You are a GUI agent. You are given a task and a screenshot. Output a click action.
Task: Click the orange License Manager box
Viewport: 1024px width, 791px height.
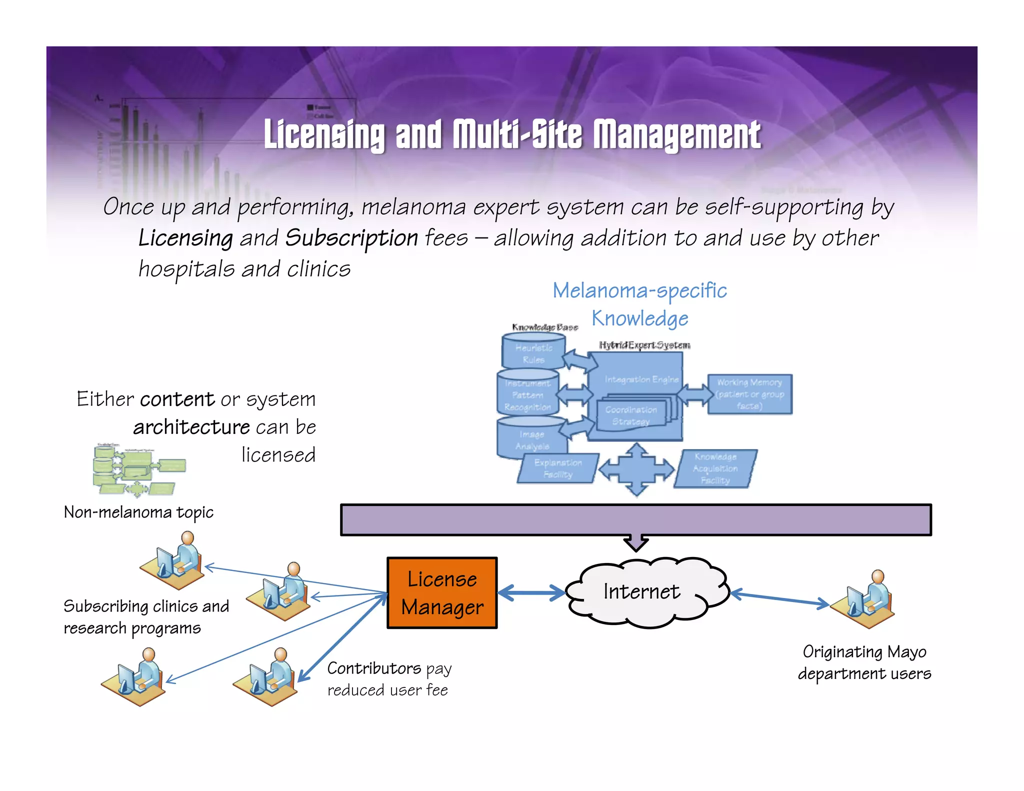(442, 592)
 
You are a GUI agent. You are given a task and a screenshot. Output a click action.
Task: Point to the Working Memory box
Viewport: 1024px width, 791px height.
(749, 394)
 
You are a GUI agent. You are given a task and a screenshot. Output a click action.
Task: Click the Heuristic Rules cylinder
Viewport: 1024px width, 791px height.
(533, 352)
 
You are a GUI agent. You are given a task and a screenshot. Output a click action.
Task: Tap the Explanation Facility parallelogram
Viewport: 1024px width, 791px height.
(557, 468)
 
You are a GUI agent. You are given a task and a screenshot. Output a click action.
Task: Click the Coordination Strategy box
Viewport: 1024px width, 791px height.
(631, 416)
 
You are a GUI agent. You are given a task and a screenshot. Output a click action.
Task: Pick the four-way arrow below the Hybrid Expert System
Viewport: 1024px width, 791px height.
(636, 469)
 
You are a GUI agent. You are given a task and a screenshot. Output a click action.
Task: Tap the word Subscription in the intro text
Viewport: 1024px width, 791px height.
(351, 238)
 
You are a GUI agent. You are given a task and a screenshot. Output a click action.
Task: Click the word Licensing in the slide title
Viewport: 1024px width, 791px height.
(324, 134)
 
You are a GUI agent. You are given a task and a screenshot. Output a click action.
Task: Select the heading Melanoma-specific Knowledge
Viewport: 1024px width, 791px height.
(639, 304)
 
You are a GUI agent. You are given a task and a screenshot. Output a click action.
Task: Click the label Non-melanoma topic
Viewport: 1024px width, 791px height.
(138, 512)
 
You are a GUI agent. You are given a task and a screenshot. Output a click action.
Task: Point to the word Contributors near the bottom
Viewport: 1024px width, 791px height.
(374, 668)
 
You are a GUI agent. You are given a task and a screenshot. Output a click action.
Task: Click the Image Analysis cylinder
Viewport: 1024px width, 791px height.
(531, 438)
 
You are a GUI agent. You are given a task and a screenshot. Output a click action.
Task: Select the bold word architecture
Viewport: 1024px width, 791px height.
(191, 427)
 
